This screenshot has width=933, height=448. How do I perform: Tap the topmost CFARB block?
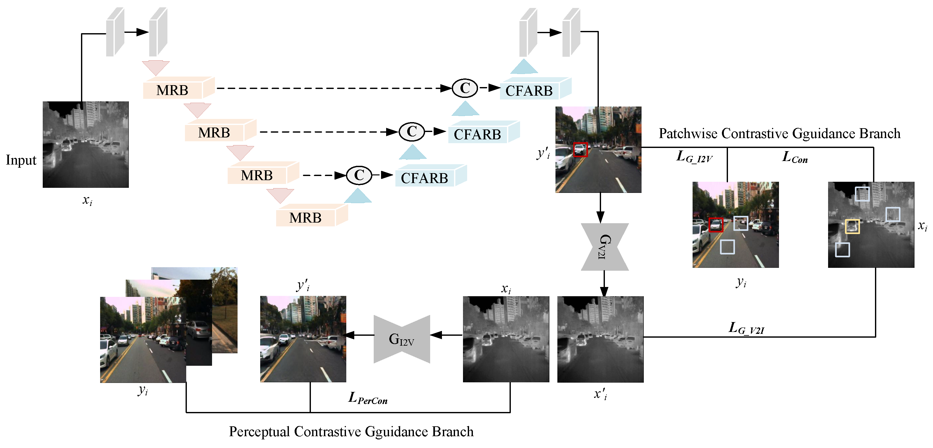point(530,91)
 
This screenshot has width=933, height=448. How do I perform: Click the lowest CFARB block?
point(425,178)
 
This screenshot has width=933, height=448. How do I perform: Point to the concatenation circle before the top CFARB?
point(465,88)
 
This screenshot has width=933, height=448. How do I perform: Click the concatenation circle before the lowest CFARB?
point(359,175)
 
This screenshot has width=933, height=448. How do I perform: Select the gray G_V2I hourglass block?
point(605,246)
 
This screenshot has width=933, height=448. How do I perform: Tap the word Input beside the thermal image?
point(21,160)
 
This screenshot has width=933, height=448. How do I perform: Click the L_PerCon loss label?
point(368,398)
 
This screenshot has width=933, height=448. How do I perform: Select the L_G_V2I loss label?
point(746,328)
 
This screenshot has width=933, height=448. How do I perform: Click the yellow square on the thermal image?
point(852,226)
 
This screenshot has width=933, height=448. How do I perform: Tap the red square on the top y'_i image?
point(580,150)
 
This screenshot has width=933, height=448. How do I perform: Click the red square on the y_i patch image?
point(715,225)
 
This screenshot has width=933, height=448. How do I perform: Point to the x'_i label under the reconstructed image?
point(600,394)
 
